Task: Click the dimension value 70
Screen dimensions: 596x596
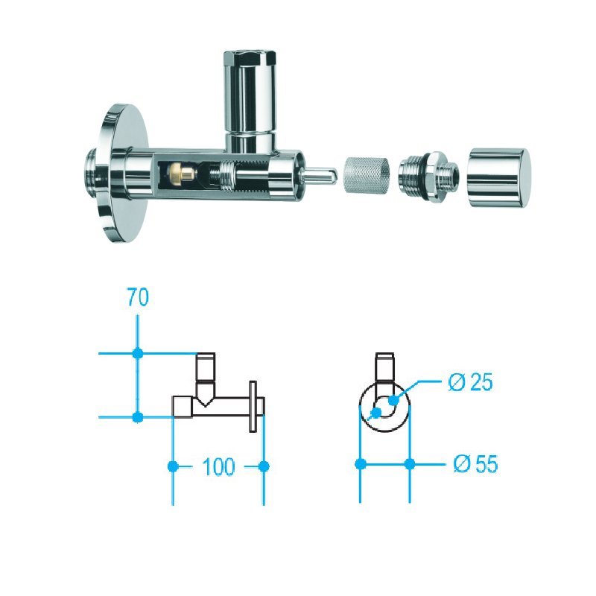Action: [x=138, y=297]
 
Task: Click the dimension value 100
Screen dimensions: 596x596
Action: [x=218, y=467]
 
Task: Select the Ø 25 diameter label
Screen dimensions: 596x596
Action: [x=470, y=381]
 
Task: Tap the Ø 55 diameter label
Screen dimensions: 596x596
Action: [x=475, y=463]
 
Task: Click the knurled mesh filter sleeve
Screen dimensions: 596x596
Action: [x=367, y=174]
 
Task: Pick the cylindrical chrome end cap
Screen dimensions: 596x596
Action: [x=498, y=178]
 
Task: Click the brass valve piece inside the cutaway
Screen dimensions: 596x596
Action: [x=183, y=173]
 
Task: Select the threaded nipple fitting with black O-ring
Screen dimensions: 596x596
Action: [x=428, y=175]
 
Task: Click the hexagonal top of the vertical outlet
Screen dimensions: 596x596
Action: [x=249, y=57]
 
